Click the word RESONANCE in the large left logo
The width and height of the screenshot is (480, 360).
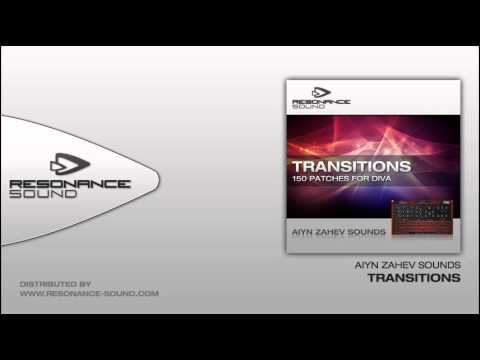(68, 185)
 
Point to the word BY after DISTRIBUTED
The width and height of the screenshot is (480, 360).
(86, 284)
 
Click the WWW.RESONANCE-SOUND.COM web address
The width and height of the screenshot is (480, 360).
(89, 294)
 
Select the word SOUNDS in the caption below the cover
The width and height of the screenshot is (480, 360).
(441, 266)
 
